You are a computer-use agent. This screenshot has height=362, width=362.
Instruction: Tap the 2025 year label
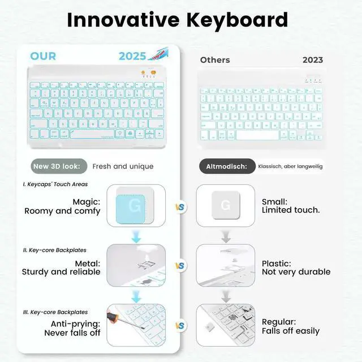click(132, 56)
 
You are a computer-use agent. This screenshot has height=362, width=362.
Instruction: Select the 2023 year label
click(313, 59)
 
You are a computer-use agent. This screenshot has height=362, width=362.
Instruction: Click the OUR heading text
click(43, 56)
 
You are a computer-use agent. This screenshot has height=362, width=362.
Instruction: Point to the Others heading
click(215, 59)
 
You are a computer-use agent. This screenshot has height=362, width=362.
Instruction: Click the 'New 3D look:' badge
click(60, 166)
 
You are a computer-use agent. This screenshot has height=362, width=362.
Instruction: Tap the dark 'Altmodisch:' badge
click(226, 166)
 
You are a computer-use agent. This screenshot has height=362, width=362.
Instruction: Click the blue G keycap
click(135, 206)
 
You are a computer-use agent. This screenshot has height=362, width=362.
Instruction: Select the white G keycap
click(225, 205)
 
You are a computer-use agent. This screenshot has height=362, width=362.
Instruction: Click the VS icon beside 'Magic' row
click(180, 207)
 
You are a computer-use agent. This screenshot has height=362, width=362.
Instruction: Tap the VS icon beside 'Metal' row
click(180, 266)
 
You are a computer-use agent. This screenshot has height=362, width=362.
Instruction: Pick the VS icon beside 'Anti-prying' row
click(180, 326)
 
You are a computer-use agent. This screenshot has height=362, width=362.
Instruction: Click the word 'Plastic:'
click(277, 263)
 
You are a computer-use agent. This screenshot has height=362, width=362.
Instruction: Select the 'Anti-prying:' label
click(76, 324)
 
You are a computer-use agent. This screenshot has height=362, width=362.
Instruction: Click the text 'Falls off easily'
click(290, 331)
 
